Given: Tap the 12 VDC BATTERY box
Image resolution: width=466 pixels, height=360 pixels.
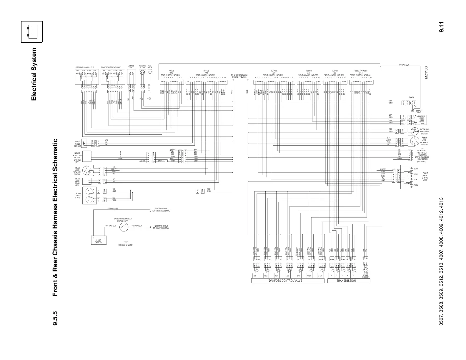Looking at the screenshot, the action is pos(99,240).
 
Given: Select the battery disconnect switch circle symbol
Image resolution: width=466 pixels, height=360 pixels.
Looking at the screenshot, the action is pos(124,227).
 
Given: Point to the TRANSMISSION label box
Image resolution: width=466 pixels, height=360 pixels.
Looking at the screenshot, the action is pos(348,281).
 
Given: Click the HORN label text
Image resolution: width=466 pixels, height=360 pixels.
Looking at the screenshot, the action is pos(412,97).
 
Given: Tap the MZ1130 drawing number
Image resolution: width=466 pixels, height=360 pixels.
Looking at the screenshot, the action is pos(426,72).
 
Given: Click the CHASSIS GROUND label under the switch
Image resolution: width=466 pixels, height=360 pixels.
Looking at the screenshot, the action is pos(125,245).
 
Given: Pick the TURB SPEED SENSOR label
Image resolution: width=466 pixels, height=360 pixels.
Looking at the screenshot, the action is pos(365,275).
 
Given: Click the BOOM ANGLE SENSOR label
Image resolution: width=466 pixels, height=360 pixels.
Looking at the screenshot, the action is pos(77,144).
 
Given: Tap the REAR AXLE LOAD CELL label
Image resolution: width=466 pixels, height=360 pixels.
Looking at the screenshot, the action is pos(77,182).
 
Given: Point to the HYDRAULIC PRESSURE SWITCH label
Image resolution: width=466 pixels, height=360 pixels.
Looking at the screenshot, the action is pos(424,131).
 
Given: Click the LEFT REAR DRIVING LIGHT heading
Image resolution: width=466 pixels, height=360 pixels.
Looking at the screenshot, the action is pos(84,67).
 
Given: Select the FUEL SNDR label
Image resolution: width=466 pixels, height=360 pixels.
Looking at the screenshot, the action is pos(150,66).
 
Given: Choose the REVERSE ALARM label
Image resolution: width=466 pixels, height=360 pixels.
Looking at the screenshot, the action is pos(142,66).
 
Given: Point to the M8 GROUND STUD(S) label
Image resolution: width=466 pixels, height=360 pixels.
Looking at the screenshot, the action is pos(239,76).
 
